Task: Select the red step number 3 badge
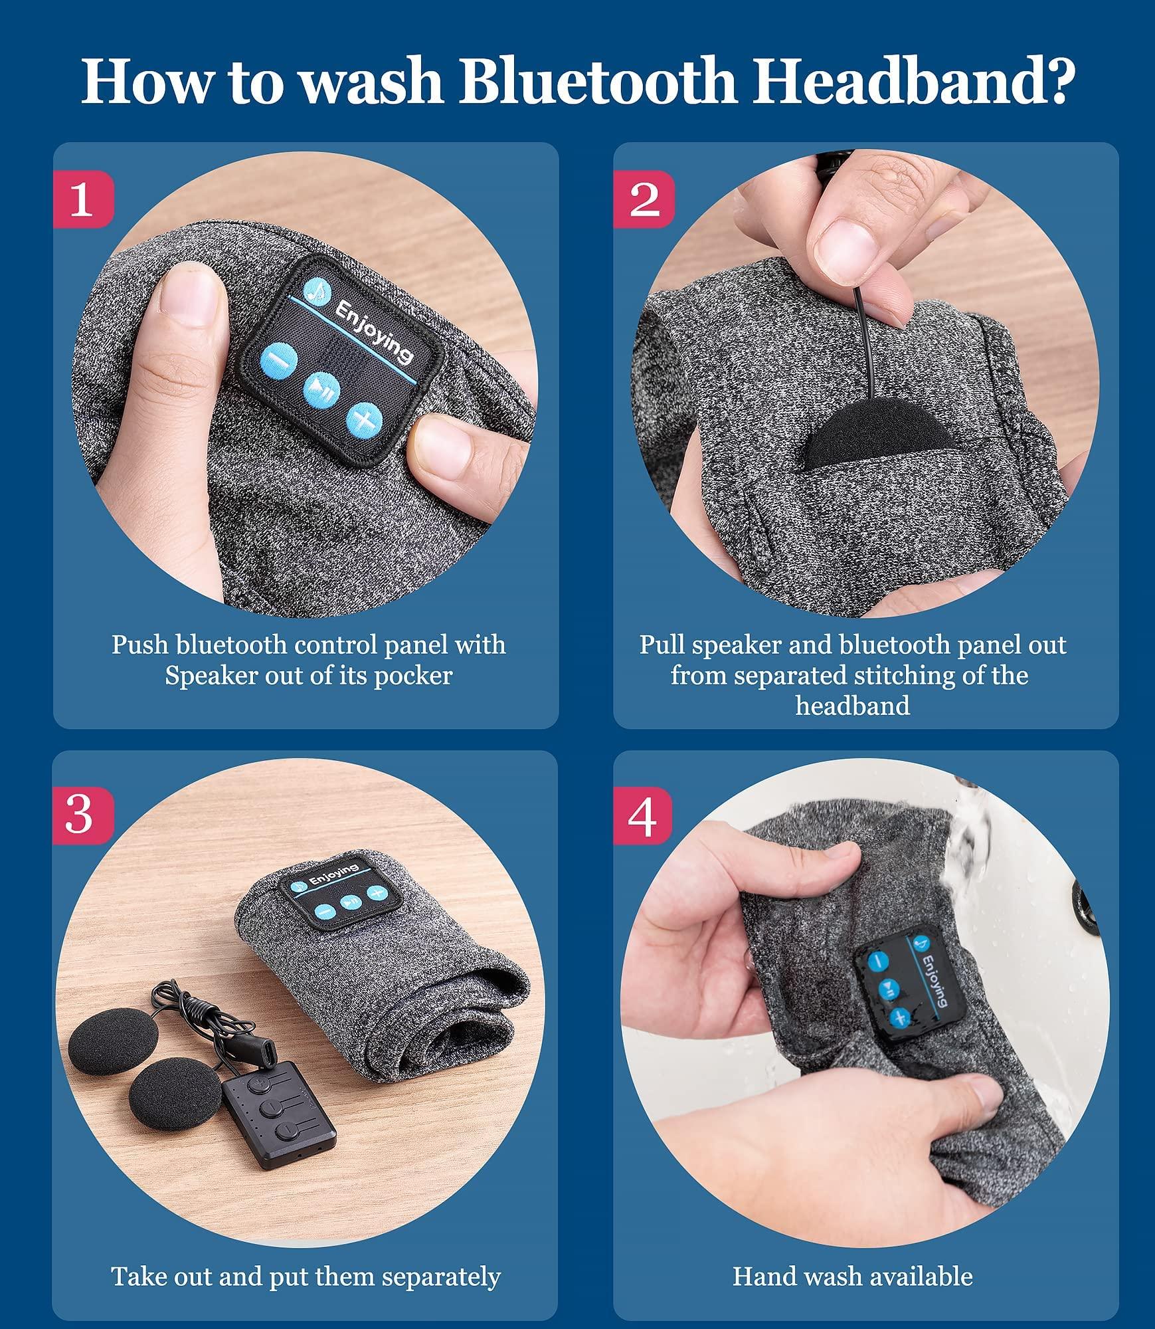[83, 814]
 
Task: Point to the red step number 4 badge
[643, 814]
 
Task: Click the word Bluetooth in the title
[597, 82]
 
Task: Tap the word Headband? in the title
[913, 82]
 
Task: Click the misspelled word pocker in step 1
[413, 676]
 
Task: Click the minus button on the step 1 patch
[278, 361]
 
